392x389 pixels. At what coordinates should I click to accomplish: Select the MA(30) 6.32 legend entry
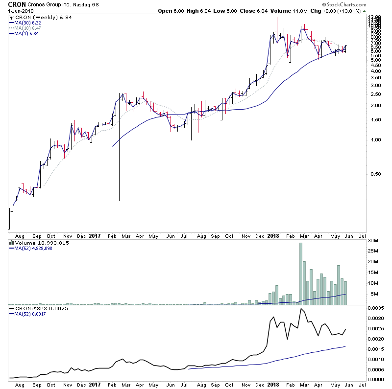[28, 23]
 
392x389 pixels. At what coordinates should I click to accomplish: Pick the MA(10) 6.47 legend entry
[28, 28]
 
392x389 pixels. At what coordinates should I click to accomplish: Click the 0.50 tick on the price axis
[375, 174]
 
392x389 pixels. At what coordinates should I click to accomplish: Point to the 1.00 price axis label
[375, 139]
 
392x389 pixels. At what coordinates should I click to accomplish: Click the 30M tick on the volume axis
[374, 240]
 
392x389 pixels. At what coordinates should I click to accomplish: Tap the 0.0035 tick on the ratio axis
[377, 309]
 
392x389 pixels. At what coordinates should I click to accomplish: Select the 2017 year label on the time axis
[96, 235]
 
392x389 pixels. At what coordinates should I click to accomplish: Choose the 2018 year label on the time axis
[273, 235]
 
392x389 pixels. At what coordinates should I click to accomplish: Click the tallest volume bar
[301, 274]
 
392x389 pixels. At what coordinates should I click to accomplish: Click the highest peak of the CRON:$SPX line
[301, 309]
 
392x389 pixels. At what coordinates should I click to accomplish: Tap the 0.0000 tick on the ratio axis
[377, 379]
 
